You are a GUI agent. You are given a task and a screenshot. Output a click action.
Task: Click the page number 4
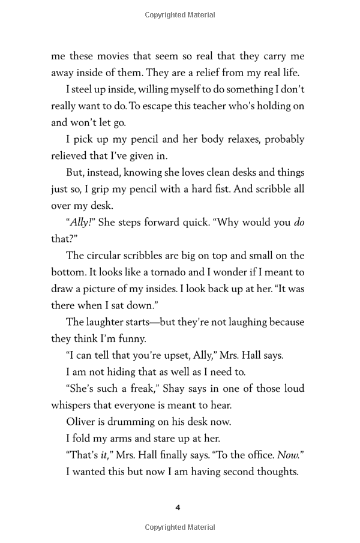tap(178, 508)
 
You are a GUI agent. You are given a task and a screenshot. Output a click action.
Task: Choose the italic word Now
tap(289, 454)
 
